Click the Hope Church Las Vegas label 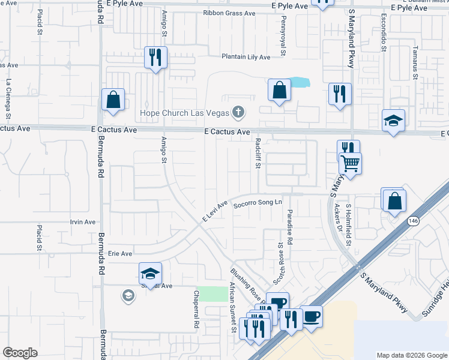pyautogui.click(x=185, y=113)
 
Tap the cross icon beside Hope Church pyautogui.click(x=239, y=112)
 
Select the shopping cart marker pyautogui.click(x=350, y=162)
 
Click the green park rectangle pyautogui.click(x=209, y=294)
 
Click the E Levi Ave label pyautogui.click(x=214, y=214)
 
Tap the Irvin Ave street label pyautogui.click(x=83, y=222)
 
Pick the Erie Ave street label pyautogui.click(x=119, y=254)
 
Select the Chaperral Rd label pyautogui.click(x=196, y=310)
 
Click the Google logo pyautogui.click(x=20, y=353)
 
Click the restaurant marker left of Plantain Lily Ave pyautogui.click(x=155, y=58)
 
